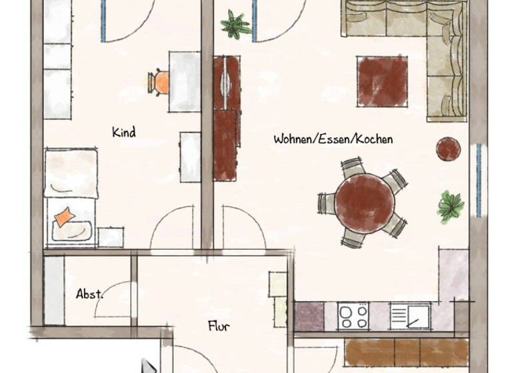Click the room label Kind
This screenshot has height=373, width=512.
pyautogui.click(x=124, y=133)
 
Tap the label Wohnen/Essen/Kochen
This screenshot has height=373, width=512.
pyautogui.click(x=333, y=139)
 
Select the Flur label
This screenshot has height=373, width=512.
pyautogui.click(x=219, y=326)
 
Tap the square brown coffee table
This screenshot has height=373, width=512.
pyautogui.click(x=382, y=81)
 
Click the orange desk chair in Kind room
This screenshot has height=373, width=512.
pyautogui.click(x=161, y=82)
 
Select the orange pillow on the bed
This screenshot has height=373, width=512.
pyautogui.click(x=65, y=217)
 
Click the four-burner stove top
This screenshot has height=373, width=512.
pyautogui.click(x=353, y=316)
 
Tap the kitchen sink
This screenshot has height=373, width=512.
pyautogui.click(x=410, y=316)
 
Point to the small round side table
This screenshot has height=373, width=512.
pyautogui.click(x=449, y=149)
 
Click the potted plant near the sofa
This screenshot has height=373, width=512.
pyautogui.click(x=235, y=24)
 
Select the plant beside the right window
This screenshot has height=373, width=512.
pyautogui.click(x=451, y=206)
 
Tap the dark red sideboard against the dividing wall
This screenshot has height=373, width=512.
pyautogui.click(x=226, y=117)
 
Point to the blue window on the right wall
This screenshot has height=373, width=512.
pyautogui.click(x=479, y=180)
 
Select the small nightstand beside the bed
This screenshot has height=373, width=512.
pyautogui.click(x=111, y=237)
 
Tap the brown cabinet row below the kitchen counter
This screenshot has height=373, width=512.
pyautogui.click(x=407, y=352)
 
